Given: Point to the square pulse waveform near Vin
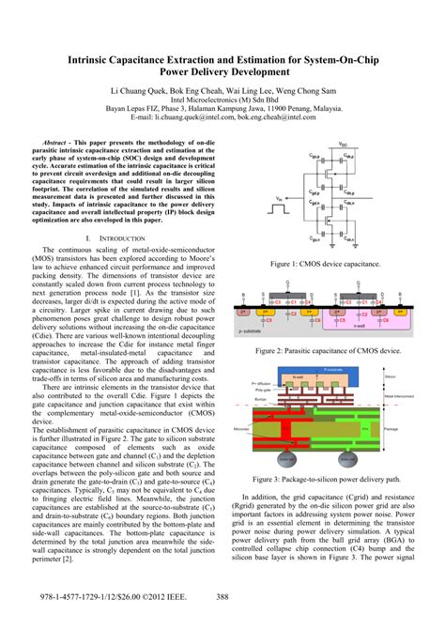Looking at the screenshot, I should [279, 207].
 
